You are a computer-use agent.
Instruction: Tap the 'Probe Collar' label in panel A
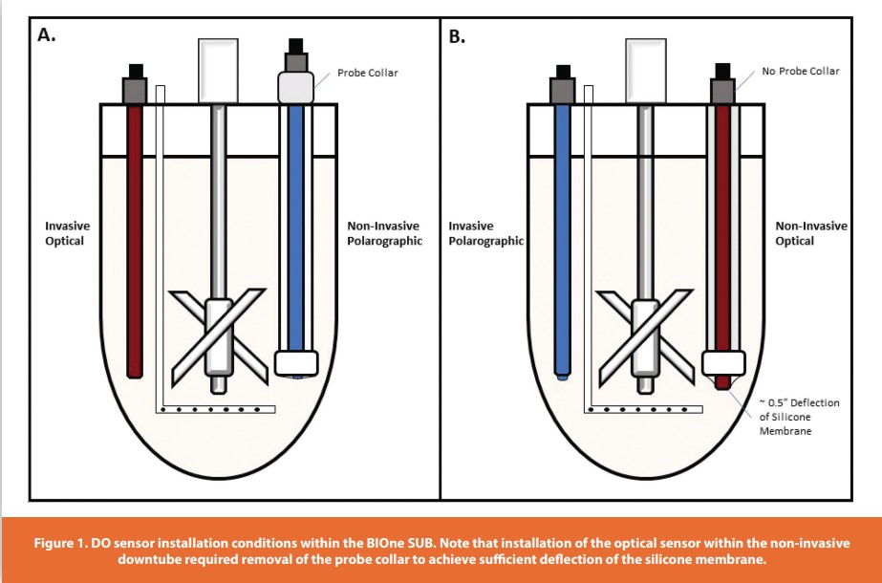point(366,73)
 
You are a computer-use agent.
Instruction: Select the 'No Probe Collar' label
point(800,72)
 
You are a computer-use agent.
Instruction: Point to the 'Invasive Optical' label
point(67,233)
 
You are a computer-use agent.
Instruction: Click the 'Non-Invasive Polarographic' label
point(384,233)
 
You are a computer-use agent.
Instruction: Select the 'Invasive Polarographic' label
point(485,233)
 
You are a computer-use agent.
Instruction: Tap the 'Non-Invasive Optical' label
point(810,233)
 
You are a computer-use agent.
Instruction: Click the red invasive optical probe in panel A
point(135,239)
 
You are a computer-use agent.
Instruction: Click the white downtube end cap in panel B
point(723,363)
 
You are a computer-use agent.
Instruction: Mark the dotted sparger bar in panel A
point(218,410)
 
